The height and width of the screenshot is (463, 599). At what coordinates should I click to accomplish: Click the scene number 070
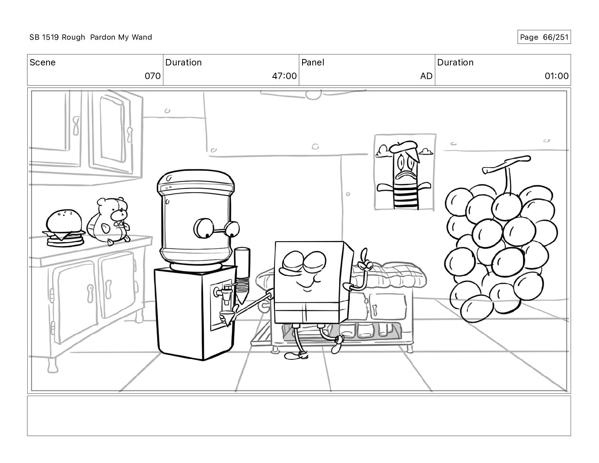coord(152,76)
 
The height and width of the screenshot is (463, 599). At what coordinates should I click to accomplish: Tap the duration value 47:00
coord(284,76)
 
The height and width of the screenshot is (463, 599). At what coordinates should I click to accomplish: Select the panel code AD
coord(426,76)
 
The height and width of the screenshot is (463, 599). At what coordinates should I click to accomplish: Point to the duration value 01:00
coord(557,76)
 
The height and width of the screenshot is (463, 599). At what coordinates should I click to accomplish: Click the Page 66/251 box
coord(544,37)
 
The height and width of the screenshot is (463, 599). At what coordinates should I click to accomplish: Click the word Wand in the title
coord(142,37)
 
